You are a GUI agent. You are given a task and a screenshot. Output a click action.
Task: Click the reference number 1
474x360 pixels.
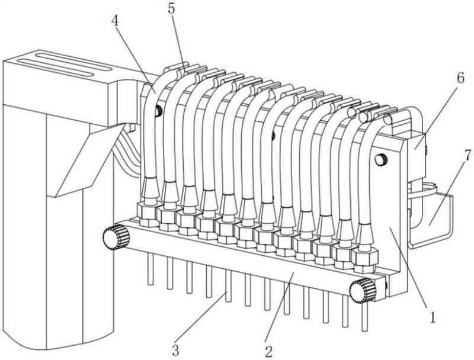(x=433, y=317)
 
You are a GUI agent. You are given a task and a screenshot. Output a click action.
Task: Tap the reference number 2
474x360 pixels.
(x=269, y=351)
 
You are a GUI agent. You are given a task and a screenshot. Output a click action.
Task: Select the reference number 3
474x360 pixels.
(x=175, y=351)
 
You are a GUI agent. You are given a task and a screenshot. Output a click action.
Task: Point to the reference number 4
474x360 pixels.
(x=115, y=21)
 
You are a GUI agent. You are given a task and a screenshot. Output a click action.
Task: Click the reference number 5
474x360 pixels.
(x=171, y=9)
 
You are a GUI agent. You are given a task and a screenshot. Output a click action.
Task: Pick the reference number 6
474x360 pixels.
(x=460, y=78)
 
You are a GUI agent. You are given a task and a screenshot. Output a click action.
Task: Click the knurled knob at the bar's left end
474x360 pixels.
(x=116, y=237)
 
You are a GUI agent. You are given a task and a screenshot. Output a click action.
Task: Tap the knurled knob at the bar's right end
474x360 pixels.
(x=363, y=291)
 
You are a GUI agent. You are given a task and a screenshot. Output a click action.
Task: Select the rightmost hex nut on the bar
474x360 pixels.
(x=365, y=259)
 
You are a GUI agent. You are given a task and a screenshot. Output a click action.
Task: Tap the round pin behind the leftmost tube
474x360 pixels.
(x=158, y=111)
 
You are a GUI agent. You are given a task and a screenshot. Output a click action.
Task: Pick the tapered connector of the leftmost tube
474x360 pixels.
(x=151, y=190)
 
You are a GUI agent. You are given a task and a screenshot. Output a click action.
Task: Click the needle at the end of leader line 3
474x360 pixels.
(x=229, y=285)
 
